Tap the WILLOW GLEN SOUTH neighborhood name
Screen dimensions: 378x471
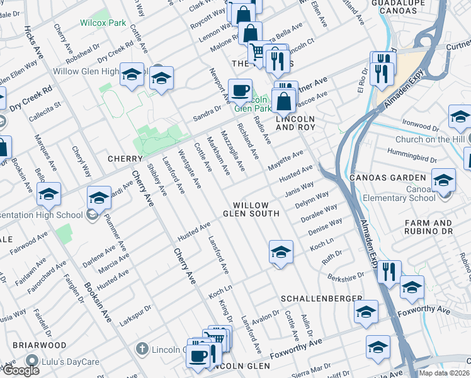(254, 210)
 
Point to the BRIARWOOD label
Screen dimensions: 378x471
(42, 345)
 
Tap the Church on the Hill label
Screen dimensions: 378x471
(430, 139)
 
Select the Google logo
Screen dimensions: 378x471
(20, 370)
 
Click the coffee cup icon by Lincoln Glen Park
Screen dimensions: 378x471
(240, 90)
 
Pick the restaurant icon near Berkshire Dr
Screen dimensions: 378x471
(389, 272)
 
